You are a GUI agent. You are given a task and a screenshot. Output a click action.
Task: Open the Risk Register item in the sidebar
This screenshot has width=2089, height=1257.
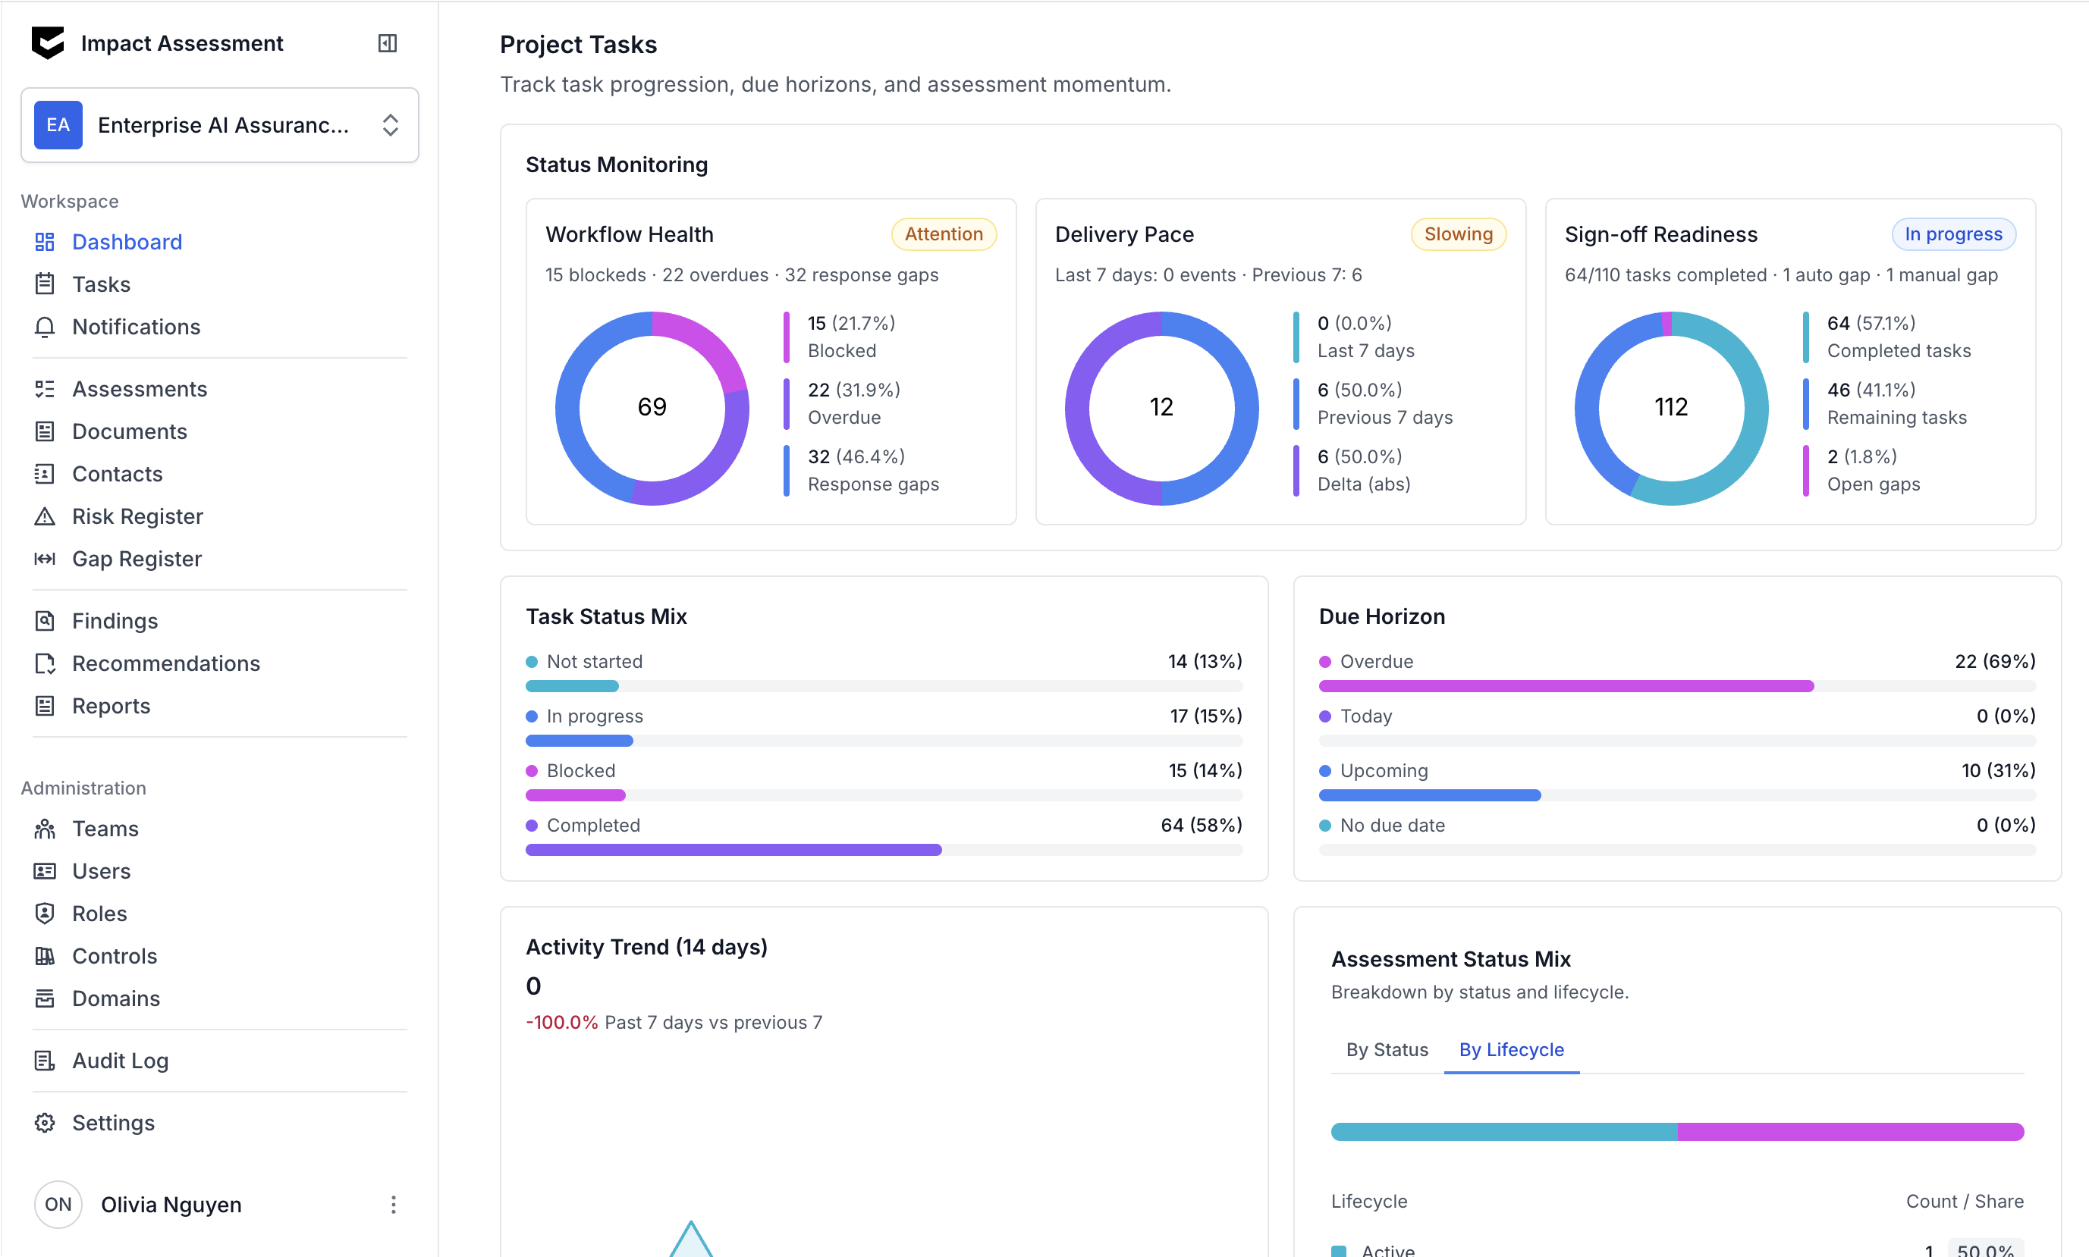(137, 517)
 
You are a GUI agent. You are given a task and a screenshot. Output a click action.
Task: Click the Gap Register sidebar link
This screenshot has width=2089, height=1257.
(137, 559)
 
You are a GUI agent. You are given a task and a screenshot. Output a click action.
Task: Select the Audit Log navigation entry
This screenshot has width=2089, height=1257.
(120, 1061)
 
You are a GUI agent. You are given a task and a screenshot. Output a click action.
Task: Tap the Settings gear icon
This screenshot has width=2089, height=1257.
(45, 1122)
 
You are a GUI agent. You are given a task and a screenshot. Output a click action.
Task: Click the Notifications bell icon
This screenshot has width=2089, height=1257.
(45, 327)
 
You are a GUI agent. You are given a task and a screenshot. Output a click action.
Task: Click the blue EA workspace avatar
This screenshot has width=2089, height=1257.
(58, 125)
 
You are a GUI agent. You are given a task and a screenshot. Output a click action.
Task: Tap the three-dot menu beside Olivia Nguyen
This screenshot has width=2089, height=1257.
(393, 1205)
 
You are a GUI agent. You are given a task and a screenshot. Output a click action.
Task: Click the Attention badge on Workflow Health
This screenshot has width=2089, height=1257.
(943, 234)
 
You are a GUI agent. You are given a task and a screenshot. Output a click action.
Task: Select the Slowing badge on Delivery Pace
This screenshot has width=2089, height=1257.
(1458, 234)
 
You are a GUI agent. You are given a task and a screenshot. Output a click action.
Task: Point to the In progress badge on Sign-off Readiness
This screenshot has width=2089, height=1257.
(1952, 234)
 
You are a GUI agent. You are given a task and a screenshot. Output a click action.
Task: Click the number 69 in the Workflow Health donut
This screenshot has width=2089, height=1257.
(652, 407)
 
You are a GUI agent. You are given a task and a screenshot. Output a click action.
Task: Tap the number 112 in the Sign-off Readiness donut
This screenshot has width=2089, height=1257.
(1670, 407)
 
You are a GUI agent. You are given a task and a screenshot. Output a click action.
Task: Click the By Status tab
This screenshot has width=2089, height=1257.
(1387, 1049)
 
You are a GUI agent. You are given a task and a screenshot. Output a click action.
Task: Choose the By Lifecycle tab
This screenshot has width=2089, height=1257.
(1511, 1049)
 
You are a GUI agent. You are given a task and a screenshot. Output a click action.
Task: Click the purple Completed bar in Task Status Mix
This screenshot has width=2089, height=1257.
(733, 850)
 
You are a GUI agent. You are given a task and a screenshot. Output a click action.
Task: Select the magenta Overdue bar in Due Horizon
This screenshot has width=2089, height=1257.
(1566, 686)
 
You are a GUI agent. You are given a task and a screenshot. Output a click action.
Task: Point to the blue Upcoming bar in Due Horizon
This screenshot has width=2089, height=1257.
(1430, 795)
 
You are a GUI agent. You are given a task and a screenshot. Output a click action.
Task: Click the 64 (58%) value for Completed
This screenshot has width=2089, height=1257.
(1201, 825)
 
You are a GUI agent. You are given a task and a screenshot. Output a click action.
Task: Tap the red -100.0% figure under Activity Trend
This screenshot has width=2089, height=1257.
(562, 1023)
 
